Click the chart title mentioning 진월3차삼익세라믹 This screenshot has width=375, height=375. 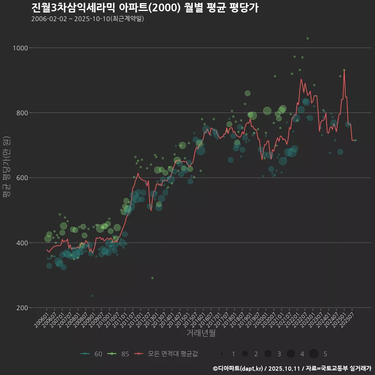pos(145,8)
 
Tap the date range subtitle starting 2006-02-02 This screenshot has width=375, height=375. pos(87,19)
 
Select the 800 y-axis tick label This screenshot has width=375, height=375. pos(22,113)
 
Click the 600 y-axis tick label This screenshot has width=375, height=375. pos(22,178)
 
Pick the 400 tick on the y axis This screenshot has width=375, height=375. pos(22,243)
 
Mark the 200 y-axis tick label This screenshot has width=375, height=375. pos(22,308)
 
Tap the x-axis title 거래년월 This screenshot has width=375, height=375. pos(201,333)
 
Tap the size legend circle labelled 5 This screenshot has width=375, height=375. pos(314,354)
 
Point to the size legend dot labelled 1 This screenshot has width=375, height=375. pos(222,354)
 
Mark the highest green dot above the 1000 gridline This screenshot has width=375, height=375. pos(307,38)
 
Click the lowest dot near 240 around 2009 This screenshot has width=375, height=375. pos(92,296)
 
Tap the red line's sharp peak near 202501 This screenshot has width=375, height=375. pos(344,70)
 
